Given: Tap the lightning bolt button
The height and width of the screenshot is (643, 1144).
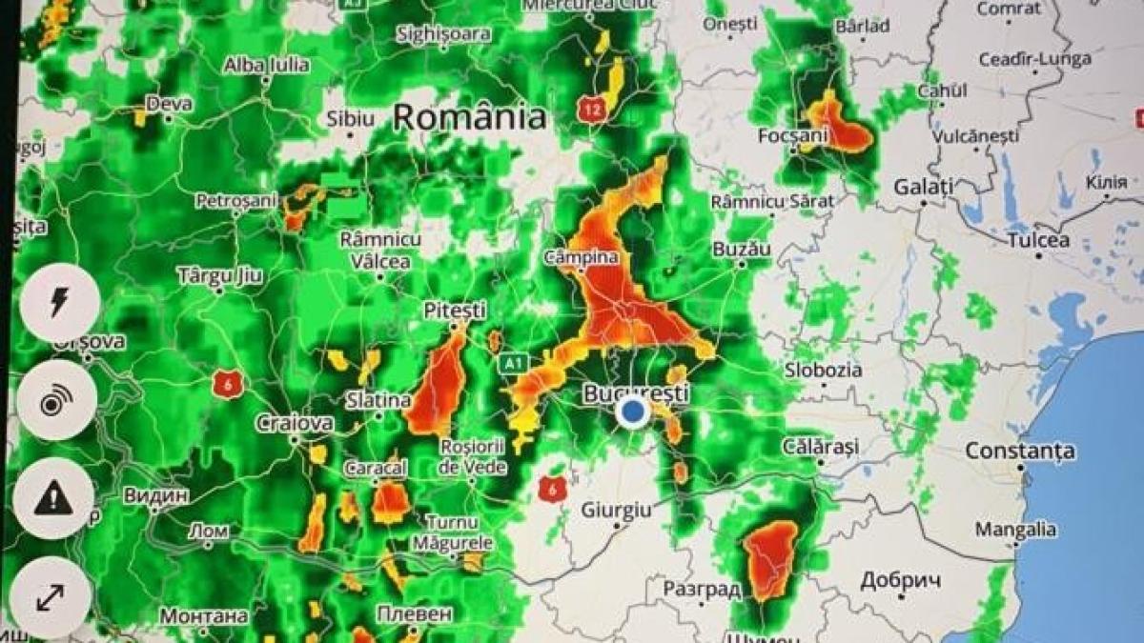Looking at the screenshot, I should [59, 302].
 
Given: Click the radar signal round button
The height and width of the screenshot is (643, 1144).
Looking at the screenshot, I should [54, 401].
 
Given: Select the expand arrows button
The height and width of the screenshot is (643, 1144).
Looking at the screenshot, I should [51, 597].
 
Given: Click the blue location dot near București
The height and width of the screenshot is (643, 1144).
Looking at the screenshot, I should [631, 413].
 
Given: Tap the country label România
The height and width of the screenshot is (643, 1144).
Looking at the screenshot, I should [470, 117].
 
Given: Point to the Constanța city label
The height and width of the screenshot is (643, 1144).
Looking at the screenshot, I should [1020, 451].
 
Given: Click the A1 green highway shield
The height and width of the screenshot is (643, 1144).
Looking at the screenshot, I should [514, 364].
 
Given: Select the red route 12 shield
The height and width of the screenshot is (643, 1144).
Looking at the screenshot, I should [591, 111].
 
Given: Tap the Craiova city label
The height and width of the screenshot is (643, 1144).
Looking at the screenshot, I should [294, 422].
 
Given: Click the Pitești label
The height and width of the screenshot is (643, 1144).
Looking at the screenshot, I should [455, 311].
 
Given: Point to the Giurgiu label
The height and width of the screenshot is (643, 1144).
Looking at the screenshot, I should [617, 512].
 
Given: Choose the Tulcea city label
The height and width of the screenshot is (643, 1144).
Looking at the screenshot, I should [1038, 240].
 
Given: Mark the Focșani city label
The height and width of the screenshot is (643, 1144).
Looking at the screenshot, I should [792, 135].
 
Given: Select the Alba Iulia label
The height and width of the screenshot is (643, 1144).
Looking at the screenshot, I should [266, 65].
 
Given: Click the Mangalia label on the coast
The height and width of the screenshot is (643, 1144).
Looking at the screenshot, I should [1015, 529].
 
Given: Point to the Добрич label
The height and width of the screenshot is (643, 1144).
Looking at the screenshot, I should [901, 580].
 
